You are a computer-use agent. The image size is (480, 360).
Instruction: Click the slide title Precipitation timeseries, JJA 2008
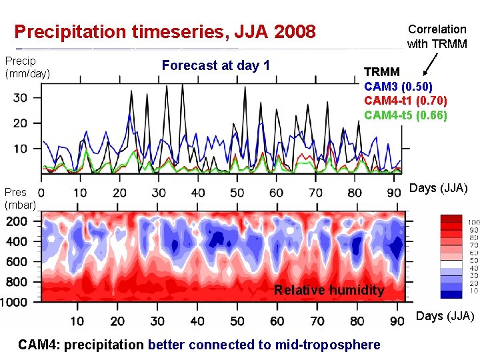[x=165, y=31]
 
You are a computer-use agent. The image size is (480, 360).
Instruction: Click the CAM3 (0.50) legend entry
[x=398, y=87]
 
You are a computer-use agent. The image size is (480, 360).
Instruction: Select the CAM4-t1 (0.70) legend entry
[x=405, y=101]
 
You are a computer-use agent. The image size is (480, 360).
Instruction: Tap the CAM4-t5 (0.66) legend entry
[x=405, y=115]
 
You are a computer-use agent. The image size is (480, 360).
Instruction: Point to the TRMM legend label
[x=381, y=72]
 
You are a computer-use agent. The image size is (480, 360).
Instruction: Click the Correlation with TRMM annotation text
[x=437, y=37]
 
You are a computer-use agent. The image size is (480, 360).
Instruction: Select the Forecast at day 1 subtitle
[x=216, y=65]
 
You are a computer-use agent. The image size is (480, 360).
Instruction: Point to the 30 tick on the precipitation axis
[x=21, y=97]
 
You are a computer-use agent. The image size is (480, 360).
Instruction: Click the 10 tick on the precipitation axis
[x=21, y=148]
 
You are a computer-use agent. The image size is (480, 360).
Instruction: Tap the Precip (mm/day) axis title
[x=27, y=67]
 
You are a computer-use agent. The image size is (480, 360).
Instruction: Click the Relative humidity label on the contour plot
[x=329, y=290]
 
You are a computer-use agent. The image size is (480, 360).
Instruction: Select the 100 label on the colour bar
[x=473, y=222]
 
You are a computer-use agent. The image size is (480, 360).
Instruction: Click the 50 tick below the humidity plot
[x=237, y=321]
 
